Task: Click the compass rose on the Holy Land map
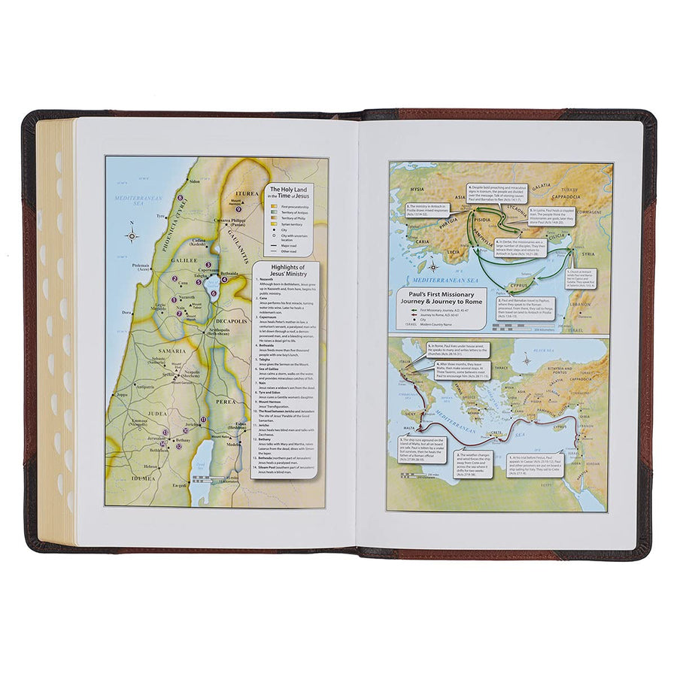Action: (x=132, y=235)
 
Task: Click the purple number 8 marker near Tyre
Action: (x=181, y=199)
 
